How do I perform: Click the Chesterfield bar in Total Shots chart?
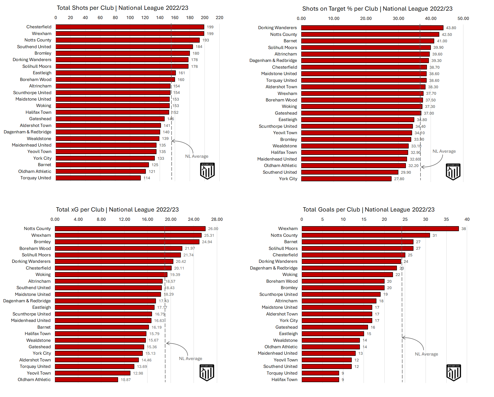[130, 27]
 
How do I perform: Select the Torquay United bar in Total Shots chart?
[98, 178]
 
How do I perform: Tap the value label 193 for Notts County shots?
[206, 40]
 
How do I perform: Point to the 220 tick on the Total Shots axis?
[219, 18]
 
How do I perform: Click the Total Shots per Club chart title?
[123, 8]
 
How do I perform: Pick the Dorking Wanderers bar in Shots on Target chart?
[372, 28]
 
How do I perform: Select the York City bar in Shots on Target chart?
[346, 179]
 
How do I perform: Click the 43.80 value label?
[451, 28]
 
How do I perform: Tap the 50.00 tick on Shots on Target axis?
[463, 18]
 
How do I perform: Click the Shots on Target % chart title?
[377, 9]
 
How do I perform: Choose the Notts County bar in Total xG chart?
[130, 229]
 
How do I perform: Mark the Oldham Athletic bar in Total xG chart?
[86, 380]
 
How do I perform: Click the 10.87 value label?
[126, 380]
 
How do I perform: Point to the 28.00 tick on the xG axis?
[217, 219]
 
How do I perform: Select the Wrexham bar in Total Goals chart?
[380, 229]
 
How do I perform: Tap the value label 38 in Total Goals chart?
[464, 229]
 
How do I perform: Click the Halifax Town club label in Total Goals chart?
[284, 380]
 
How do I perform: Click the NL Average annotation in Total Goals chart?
[426, 354]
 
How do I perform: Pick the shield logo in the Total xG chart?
[207, 373]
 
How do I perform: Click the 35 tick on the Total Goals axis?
[446, 219]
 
